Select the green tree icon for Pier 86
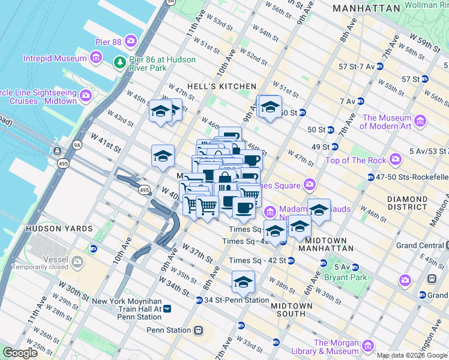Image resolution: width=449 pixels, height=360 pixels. [119, 61]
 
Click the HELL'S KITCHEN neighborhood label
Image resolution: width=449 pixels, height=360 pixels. [221, 86]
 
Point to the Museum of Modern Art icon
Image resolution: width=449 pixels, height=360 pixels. [420, 122]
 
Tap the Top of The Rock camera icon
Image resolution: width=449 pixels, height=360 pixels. [395, 160]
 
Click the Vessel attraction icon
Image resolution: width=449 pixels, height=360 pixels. [77, 262]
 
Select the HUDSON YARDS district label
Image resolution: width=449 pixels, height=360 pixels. [59, 229]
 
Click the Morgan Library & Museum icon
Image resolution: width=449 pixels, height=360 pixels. [368, 346]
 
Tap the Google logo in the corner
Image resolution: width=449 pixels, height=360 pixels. [20, 353]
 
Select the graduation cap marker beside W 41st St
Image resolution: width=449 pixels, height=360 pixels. [163, 155]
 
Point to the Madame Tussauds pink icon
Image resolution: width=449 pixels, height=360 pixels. [270, 211]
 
